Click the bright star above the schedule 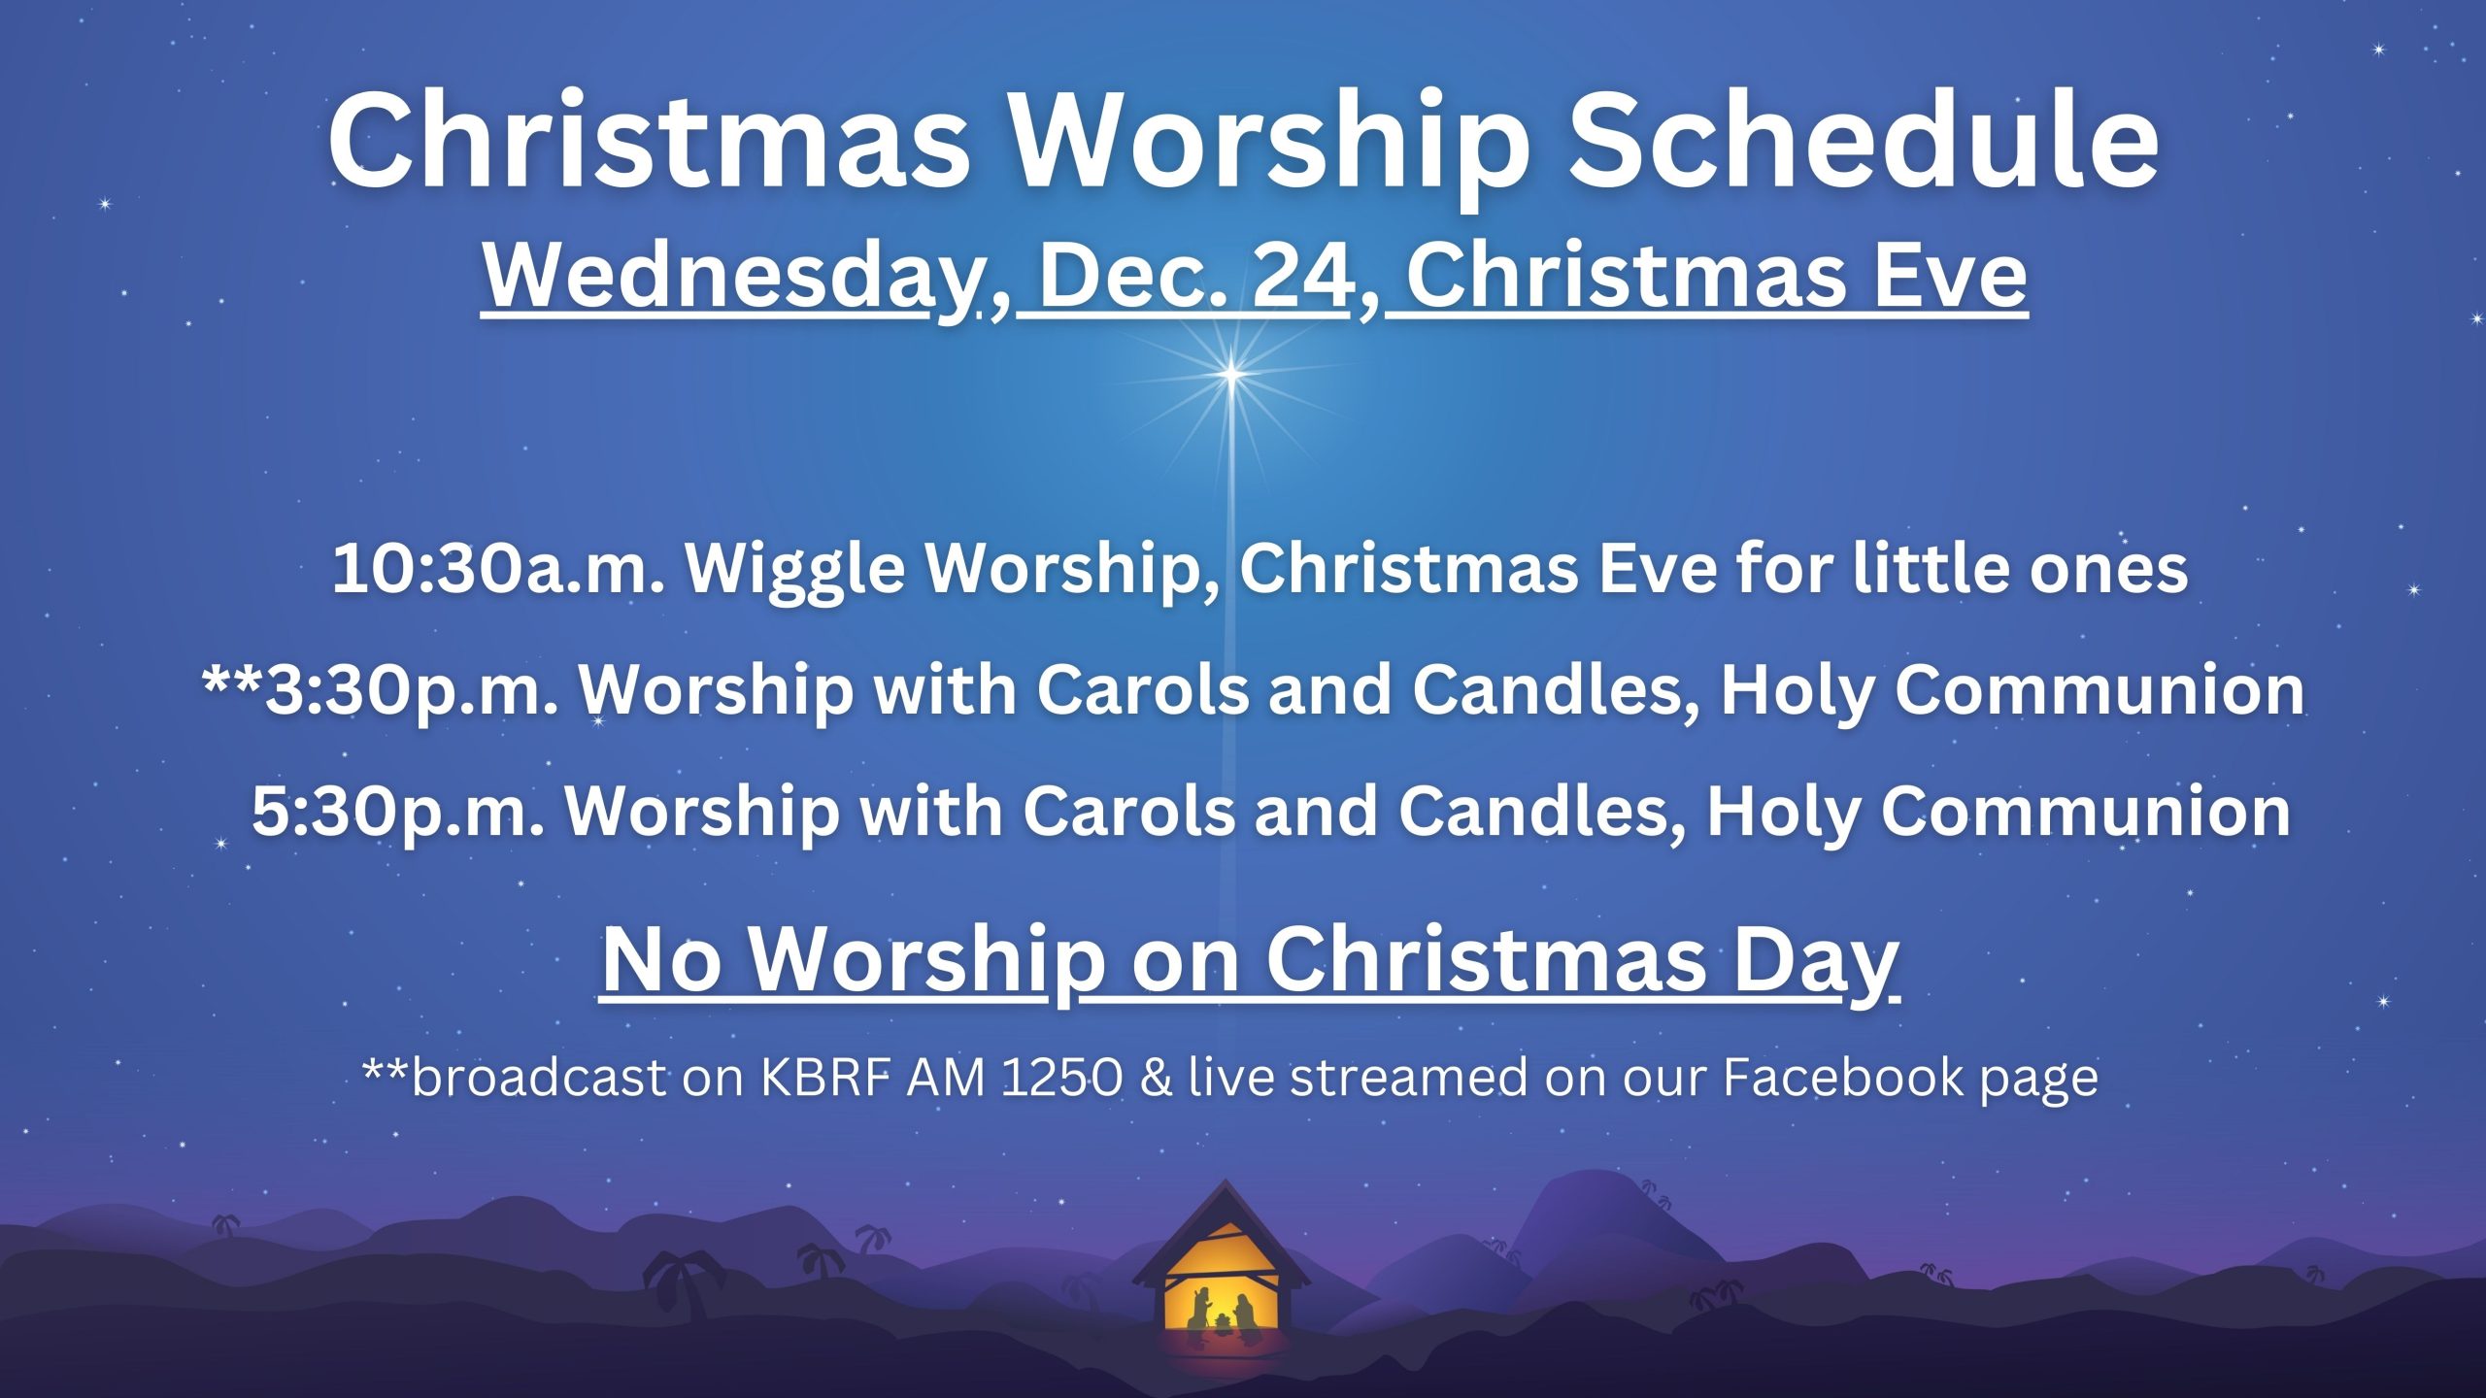point(1231,373)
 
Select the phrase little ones point(2020,569)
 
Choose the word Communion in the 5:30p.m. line point(2087,812)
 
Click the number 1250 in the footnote point(1062,1078)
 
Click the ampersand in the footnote point(1156,1078)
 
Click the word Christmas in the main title point(649,140)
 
